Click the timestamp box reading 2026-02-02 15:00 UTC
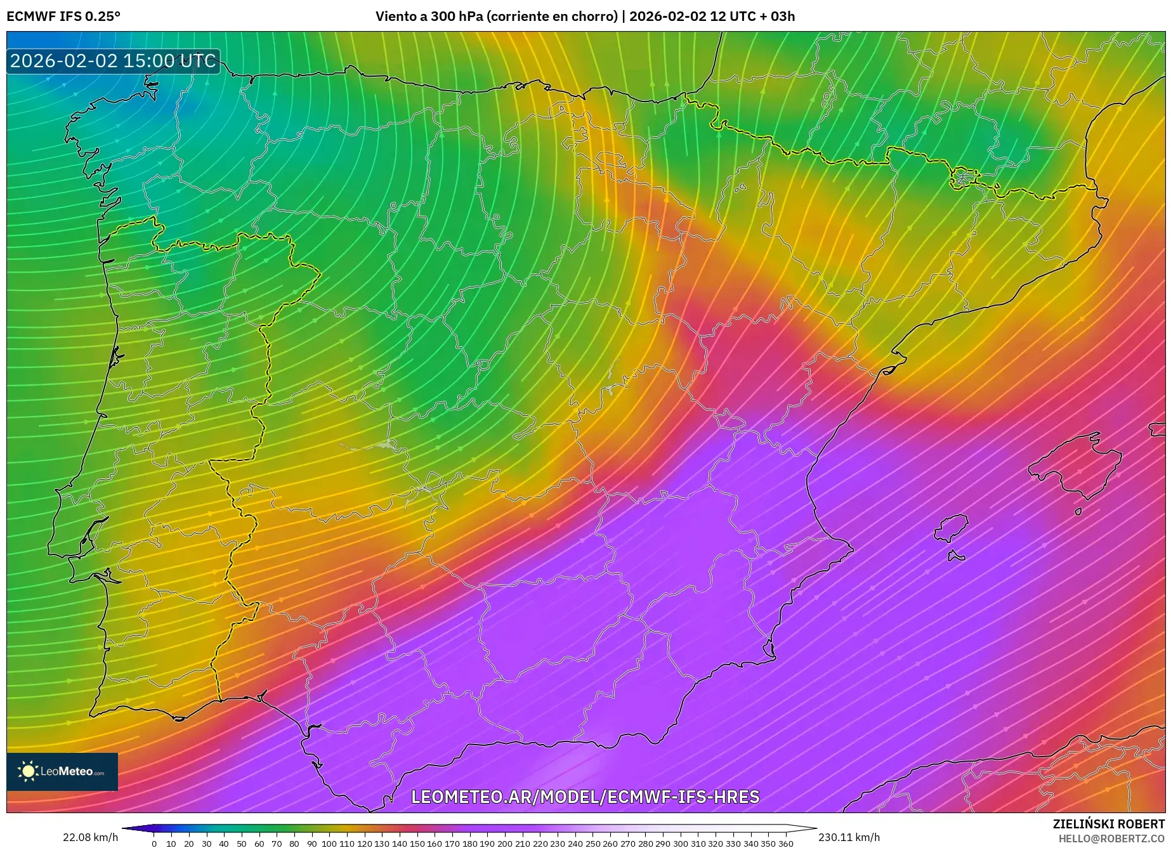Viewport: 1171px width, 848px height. click(x=113, y=61)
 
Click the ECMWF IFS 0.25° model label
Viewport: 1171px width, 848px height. click(x=63, y=16)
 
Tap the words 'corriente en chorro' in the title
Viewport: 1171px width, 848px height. click(x=552, y=16)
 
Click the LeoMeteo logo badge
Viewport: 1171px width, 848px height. click(x=62, y=771)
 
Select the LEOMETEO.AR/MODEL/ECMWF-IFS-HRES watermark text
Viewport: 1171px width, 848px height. click(x=585, y=797)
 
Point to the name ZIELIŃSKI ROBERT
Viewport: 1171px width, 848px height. click(x=1108, y=824)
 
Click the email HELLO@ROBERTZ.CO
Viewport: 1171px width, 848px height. click(x=1111, y=838)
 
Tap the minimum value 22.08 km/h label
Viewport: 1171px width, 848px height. click(x=90, y=837)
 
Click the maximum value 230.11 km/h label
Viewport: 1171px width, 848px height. click(x=849, y=837)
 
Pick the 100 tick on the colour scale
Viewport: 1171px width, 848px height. click(x=329, y=843)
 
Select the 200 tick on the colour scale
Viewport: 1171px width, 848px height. click(x=504, y=843)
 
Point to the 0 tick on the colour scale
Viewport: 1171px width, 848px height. click(x=154, y=843)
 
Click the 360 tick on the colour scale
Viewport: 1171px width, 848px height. click(x=785, y=843)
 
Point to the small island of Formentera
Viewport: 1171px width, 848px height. click(x=955, y=557)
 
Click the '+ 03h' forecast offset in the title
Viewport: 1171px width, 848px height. click(x=777, y=16)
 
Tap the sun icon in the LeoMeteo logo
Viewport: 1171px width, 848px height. click(x=29, y=771)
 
